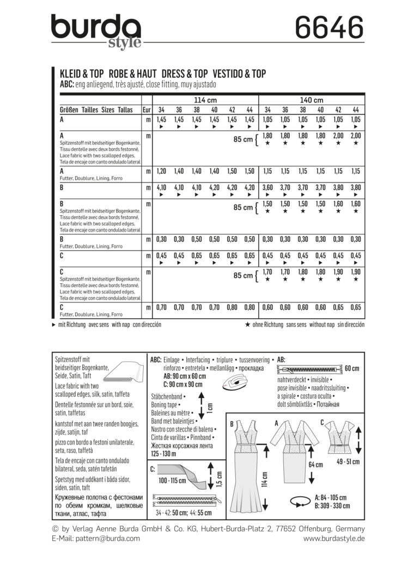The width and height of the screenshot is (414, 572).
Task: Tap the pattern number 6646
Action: (328, 27)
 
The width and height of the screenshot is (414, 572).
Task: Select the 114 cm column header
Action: (205, 100)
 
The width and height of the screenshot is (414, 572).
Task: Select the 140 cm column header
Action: (311, 100)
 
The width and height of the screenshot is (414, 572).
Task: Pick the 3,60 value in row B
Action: (268, 187)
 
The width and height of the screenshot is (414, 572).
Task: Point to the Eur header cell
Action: (147, 109)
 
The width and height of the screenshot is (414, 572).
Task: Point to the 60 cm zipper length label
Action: (351, 369)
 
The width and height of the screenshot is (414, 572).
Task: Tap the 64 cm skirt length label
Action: (315, 465)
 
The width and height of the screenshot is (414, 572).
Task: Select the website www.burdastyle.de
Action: (334, 538)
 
